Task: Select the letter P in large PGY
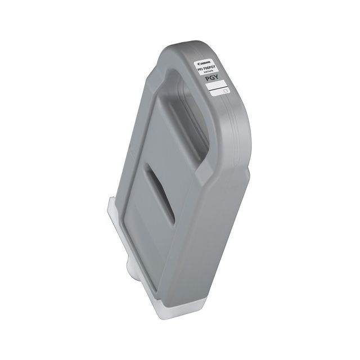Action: (208, 78)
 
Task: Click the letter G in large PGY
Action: (212, 79)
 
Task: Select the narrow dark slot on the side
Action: (159, 194)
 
